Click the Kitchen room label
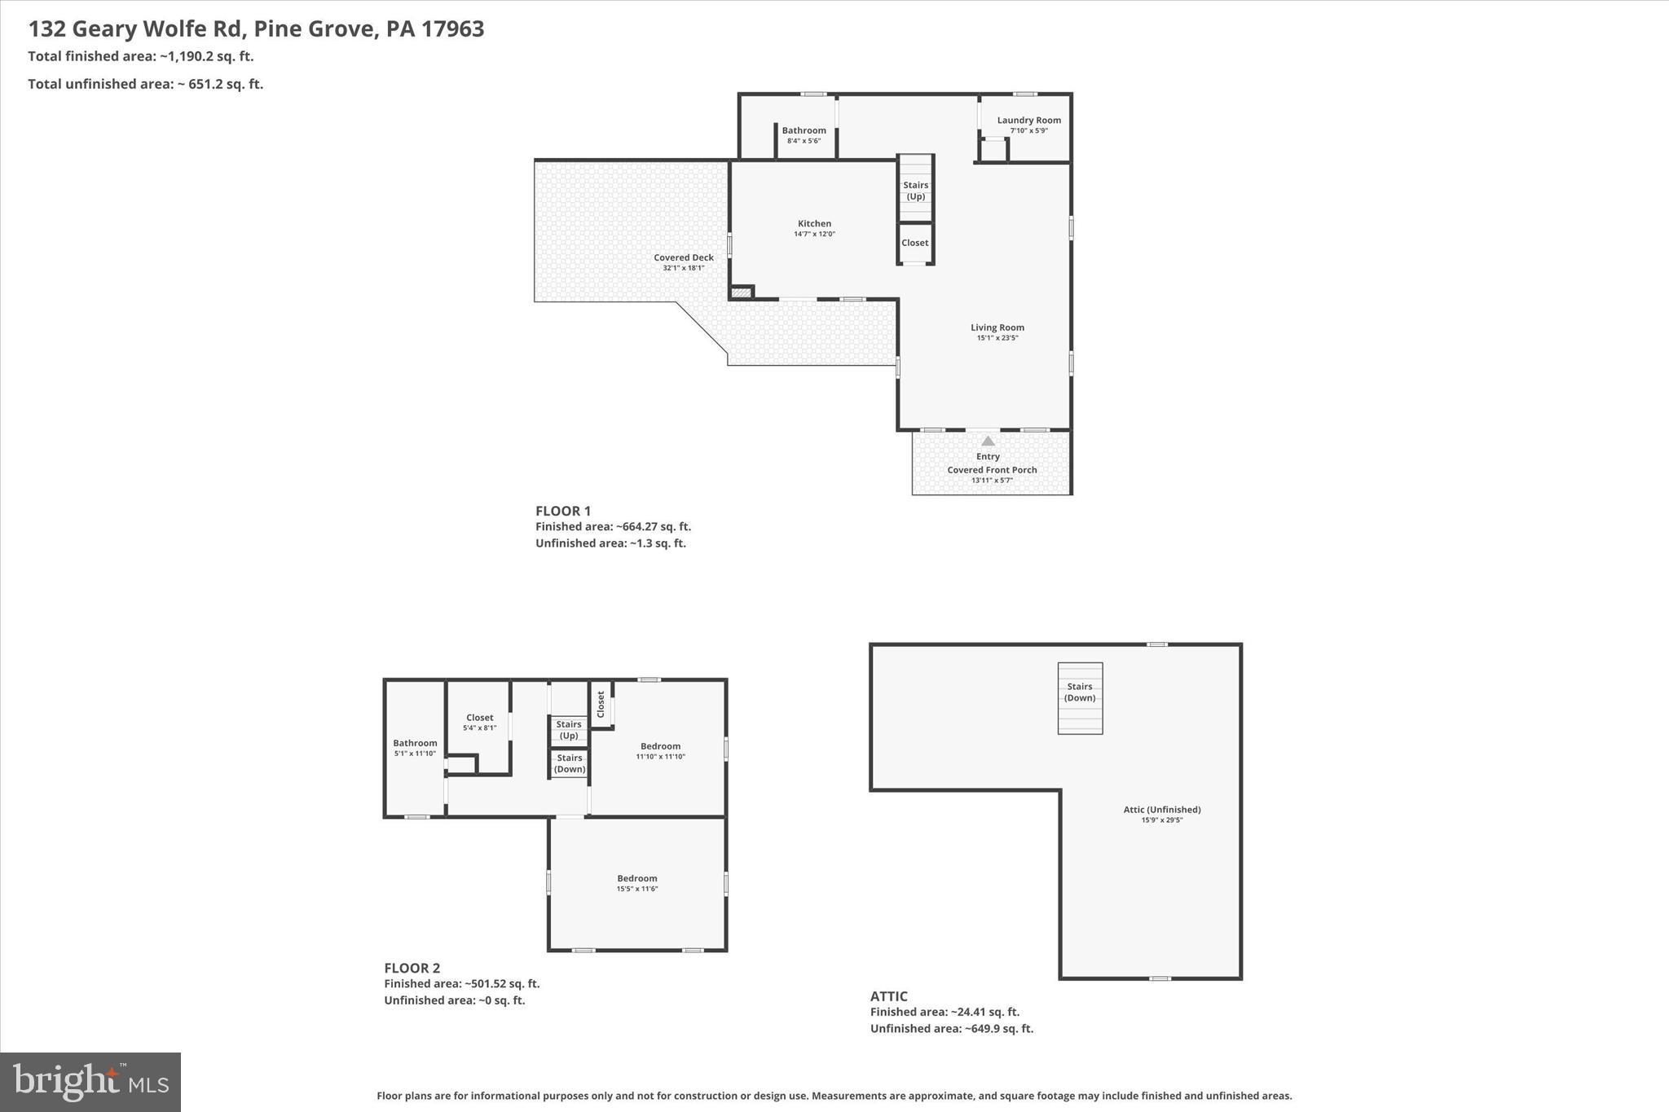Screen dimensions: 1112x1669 [814, 228]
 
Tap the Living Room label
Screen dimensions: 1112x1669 [997, 332]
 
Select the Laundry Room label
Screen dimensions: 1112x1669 [1028, 124]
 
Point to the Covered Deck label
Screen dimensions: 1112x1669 [683, 262]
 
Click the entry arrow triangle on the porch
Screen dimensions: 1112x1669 [988, 441]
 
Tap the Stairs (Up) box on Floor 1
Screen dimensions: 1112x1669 [915, 190]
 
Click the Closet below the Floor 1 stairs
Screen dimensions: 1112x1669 [914, 243]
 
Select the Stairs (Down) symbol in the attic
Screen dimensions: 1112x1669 [1080, 697]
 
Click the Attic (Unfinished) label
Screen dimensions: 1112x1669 [1161, 813]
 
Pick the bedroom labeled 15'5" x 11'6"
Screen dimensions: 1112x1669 [636, 882]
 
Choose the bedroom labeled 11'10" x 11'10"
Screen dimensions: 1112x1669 [660, 750]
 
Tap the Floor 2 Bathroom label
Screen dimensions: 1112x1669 [415, 747]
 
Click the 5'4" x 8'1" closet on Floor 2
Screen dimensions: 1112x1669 [479, 722]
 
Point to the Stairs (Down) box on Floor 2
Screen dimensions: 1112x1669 [569, 763]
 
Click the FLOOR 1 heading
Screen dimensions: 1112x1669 [563, 511]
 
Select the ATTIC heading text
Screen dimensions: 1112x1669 [888, 996]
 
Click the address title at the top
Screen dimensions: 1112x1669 [256, 29]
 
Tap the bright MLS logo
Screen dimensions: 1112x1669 [90, 1082]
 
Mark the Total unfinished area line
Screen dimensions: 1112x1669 [145, 84]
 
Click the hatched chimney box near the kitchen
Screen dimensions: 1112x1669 [741, 292]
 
